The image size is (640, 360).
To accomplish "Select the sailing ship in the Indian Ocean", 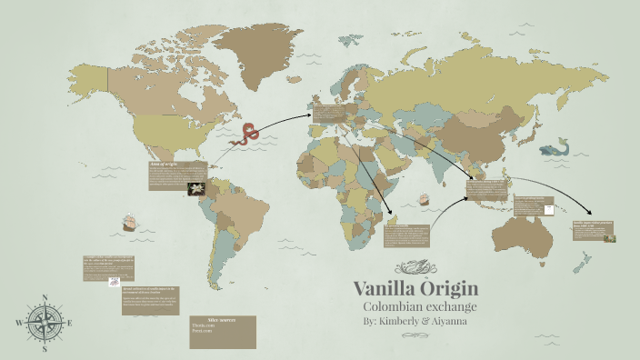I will [422, 198].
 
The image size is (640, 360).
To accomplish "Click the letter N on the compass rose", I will [45, 297].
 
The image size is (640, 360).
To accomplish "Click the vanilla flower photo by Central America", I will [195, 188].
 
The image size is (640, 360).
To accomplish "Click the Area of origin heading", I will [165, 165].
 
